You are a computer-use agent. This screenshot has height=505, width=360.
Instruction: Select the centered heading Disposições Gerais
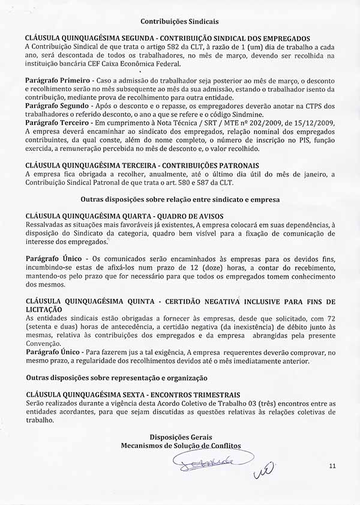[180, 437]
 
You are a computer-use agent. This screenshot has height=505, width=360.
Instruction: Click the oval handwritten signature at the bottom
[205, 461]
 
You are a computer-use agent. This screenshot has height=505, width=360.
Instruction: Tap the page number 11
[333, 465]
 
